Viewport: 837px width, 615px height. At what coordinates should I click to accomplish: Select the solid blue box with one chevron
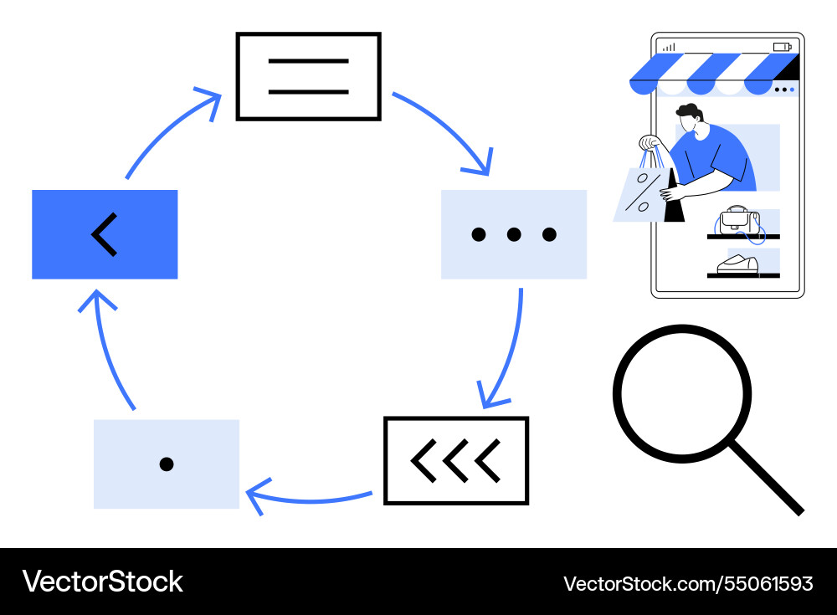click(105, 234)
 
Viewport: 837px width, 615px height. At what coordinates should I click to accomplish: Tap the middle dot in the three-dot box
click(514, 234)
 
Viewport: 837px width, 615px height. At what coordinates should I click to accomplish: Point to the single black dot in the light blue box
click(167, 464)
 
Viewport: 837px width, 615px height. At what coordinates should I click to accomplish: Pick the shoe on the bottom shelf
click(737, 264)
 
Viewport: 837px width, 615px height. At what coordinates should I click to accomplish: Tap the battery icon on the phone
click(783, 47)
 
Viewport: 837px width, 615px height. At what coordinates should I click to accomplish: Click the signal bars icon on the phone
click(670, 48)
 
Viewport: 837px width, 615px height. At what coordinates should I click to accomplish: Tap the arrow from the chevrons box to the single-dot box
click(310, 500)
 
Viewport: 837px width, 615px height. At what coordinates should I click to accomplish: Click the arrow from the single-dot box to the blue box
click(107, 353)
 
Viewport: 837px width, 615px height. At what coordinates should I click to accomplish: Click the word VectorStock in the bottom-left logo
click(102, 582)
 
